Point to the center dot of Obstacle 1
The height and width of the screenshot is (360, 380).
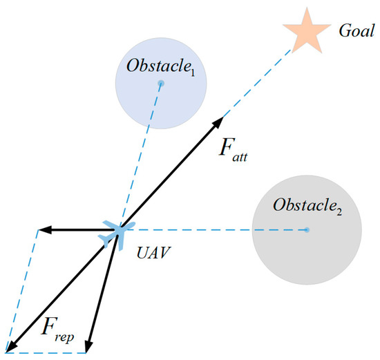click(x=160, y=84)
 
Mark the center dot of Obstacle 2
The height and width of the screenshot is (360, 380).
click(x=307, y=229)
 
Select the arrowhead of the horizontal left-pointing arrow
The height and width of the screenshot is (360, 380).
click(x=41, y=229)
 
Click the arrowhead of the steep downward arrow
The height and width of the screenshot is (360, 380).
click(x=89, y=347)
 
